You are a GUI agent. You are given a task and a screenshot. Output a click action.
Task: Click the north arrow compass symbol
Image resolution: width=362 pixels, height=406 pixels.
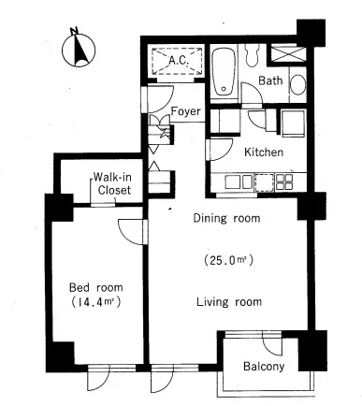click(79, 49)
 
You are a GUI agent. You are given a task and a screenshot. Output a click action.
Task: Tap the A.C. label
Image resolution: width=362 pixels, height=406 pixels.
click(179, 60)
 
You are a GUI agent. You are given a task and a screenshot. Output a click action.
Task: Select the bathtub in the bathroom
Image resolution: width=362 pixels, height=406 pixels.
click(224, 71)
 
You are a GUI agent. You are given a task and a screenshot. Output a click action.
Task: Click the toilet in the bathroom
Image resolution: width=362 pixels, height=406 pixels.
click(252, 55)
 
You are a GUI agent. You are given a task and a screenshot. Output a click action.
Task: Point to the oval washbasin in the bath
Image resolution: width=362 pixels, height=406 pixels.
click(297, 84)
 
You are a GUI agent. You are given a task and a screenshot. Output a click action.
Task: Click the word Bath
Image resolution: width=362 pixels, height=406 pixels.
click(270, 80)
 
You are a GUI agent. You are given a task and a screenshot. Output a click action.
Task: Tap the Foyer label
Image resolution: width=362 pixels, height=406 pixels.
click(186, 111)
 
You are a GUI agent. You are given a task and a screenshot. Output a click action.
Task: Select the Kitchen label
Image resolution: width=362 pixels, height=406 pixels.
click(264, 152)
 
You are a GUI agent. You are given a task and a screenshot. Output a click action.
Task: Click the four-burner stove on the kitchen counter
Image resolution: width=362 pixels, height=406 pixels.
click(284, 181)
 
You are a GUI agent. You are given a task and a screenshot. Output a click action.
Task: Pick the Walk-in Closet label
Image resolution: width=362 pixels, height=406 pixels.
click(113, 183)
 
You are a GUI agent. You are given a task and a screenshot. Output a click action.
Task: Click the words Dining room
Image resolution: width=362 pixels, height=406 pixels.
click(226, 218)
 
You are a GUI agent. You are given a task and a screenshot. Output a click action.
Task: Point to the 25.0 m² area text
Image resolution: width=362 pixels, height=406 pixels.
click(228, 260)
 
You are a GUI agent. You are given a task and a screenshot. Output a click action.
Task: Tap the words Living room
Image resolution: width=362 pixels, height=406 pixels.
click(229, 301)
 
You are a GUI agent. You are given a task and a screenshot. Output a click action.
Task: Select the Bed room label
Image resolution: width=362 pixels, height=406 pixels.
click(95, 287)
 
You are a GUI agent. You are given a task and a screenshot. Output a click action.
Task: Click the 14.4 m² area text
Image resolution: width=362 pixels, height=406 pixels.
click(95, 302)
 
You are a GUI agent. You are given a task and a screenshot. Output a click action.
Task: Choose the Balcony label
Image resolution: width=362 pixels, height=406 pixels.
click(264, 366)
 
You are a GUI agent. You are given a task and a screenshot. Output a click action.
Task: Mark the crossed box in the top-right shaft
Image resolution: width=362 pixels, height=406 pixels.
click(287, 54)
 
